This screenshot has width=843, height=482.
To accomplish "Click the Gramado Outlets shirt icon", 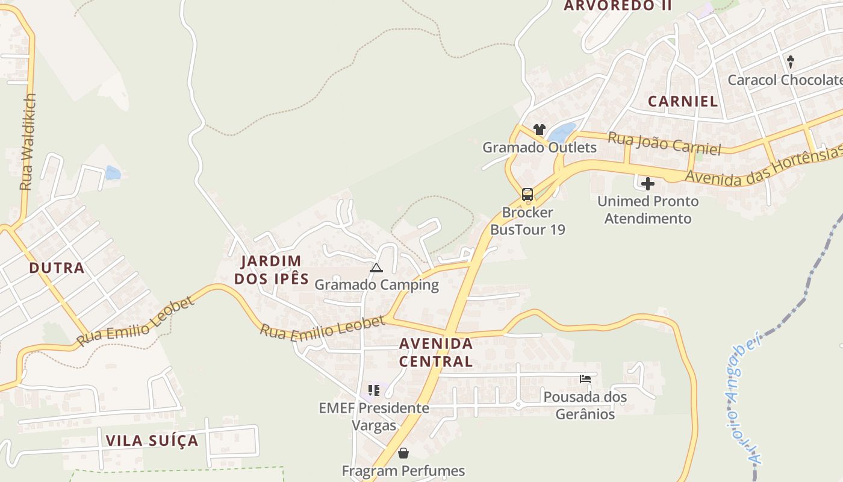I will coord(539,130).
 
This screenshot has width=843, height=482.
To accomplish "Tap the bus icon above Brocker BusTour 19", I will coord(527,195).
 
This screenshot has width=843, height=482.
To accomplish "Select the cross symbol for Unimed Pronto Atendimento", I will coord(648,184).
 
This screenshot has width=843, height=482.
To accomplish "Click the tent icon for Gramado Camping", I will coord(376,268).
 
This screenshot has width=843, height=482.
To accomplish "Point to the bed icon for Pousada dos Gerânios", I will coord(585,379).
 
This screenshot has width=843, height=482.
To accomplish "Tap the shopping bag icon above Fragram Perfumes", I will coord(403,453).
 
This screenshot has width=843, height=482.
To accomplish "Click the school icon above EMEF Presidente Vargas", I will coord(374,390).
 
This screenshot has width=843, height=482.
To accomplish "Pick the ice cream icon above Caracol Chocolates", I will coord(791,61).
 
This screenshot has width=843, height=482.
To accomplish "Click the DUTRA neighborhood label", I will coord(57,268).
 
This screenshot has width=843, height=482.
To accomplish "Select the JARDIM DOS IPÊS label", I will coord(272,270).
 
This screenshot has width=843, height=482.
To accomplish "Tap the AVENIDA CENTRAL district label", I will coord(436,352).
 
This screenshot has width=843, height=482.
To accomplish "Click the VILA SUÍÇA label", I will coord(152,440).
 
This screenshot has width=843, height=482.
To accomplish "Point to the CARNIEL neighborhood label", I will coord(683,101).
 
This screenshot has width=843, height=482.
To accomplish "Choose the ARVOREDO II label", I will coord(617,6).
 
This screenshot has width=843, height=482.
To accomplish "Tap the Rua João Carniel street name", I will coord(664,143).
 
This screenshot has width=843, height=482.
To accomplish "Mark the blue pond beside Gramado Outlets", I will coord(562,133).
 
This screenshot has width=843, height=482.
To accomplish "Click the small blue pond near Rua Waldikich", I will coord(113,174).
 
